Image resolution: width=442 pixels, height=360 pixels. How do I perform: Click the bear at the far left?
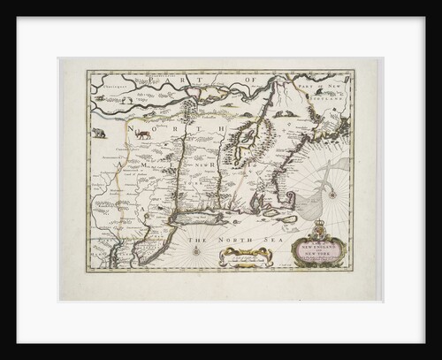coord(98,134)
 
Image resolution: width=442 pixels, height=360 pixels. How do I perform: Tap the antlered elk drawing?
coord(141,134)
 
